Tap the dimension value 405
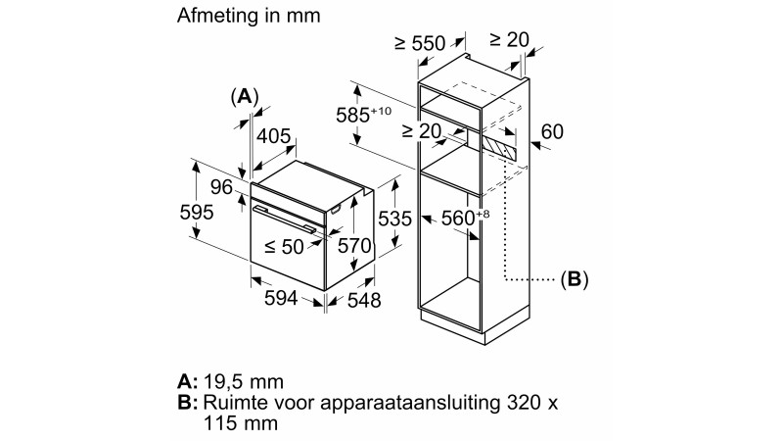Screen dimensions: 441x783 pos(273,137)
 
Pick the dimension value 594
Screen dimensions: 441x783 pos(287,300)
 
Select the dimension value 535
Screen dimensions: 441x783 pos(394,220)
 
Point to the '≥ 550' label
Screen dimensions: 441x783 pos(419,43)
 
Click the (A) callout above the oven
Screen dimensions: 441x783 pos(244,96)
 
